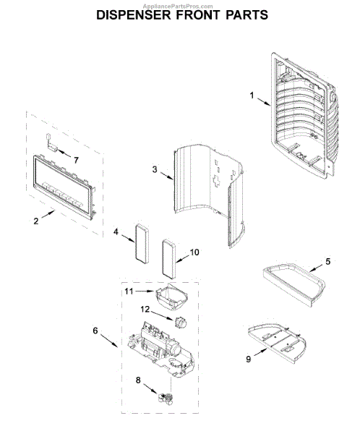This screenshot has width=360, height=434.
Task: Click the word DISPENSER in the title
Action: point(134,15)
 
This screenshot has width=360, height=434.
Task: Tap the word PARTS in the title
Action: point(247,15)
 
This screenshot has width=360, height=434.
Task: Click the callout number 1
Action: point(252,95)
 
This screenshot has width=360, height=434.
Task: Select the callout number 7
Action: point(76,160)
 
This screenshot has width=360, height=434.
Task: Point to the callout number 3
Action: point(155,169)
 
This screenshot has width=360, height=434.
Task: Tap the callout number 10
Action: point(194,252)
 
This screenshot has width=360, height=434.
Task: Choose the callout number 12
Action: point(145,309)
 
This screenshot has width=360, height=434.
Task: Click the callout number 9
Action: point(249,359)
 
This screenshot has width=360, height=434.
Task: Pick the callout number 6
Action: point(95,331)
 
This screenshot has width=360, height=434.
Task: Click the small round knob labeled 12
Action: point(180,323)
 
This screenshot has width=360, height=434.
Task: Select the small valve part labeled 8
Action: point(166,399)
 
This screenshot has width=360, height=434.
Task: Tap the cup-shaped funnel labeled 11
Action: point(171,298)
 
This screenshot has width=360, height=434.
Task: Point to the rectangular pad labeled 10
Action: point(168,259)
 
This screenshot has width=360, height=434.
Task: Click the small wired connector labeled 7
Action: point(51,142)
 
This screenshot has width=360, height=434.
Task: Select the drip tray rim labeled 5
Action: point(293,286)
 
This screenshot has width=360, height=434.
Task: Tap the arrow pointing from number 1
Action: point(264,101)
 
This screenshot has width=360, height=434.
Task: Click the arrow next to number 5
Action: point(315,268)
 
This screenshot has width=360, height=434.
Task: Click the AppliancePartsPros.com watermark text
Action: point(178,6)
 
